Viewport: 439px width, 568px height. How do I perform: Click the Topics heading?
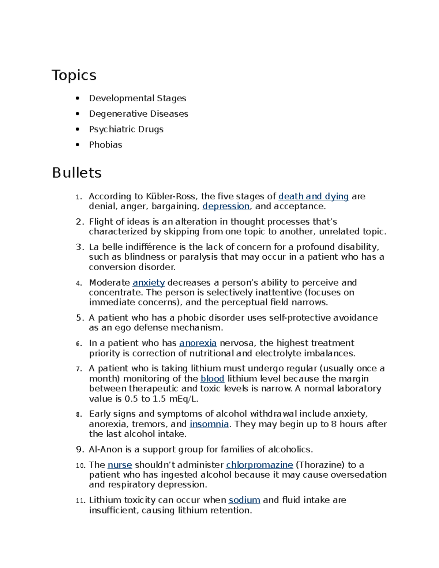tap(74, 75)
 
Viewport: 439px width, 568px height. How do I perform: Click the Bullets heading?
tap(77, 173)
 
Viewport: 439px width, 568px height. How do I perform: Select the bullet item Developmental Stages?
tap(138, 98)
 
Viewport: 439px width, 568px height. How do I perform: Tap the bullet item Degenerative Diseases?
tap(138, 114)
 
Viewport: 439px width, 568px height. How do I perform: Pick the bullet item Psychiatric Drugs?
tap(126, 129)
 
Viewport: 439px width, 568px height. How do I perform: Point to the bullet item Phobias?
tap(105, 145)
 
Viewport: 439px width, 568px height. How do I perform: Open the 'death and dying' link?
tap(314, 196)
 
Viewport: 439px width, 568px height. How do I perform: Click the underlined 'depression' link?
tap(226, 206)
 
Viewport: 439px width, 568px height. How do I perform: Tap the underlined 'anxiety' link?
tap(149, 283)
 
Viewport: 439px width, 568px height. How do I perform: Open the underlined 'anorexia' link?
tap(198, 343)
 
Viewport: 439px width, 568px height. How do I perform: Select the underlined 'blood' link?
tap(212, 379)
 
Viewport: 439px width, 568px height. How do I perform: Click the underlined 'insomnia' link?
tap(209, 424)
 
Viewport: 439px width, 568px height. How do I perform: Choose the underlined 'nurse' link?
tap(120, 465)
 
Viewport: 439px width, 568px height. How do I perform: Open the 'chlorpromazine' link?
tap(259, 465)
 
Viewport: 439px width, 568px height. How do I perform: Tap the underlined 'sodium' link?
tap(244, 500)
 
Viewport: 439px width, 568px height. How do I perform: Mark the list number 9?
tap(80, 449)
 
